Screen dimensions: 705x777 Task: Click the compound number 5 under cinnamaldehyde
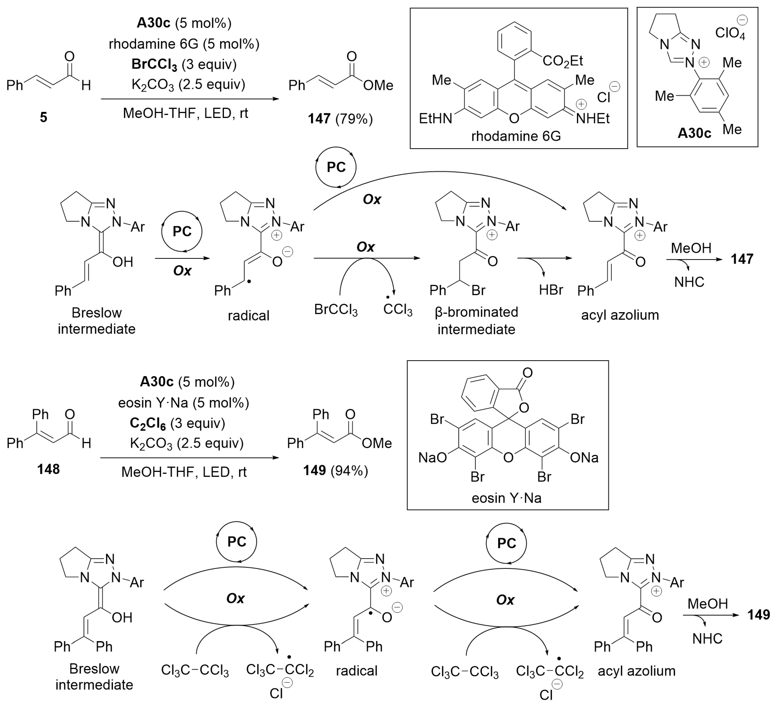[44, 117]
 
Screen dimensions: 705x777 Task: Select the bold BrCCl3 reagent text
[154, 64]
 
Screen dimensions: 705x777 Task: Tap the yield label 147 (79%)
[340, 119]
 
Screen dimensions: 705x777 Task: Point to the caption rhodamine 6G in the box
[516, 136]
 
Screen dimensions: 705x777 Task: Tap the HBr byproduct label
[551, 290]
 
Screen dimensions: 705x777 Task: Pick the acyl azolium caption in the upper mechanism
[620, 315]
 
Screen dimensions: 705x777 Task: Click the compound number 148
[49, 469]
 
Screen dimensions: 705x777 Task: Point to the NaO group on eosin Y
[433, 457]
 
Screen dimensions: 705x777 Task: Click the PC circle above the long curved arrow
[336, 167]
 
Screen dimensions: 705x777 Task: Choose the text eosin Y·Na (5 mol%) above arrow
[183, 403]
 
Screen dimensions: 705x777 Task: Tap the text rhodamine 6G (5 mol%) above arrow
[184, 44]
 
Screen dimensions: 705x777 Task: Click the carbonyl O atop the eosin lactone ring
[527, 373]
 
